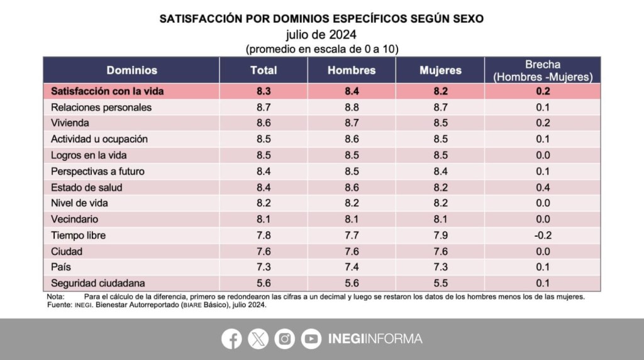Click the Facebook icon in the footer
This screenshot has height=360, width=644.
coord(231,339)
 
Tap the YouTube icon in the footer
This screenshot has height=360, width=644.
coord(311,339)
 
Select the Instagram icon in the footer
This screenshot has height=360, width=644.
coord(285,339)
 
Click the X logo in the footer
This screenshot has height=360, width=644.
coord(258,339)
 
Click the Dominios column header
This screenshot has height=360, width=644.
coord(131,70)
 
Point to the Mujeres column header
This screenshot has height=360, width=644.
coord(440,70)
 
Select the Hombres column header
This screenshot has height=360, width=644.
coord(352,70)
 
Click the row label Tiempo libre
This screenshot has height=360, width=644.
coord(78,235)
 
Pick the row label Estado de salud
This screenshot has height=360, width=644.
coord(86,187)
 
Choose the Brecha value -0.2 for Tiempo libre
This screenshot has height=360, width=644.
coord(543,235)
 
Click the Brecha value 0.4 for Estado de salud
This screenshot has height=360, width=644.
coord(543,187)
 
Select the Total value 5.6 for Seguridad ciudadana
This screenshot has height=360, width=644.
coord(264,283)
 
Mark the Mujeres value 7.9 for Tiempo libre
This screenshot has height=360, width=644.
coord(440,235)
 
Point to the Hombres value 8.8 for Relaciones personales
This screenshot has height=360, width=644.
coord(352,107)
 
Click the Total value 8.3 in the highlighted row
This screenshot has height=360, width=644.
coord(264,91)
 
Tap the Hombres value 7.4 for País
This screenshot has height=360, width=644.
coord(352,267)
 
